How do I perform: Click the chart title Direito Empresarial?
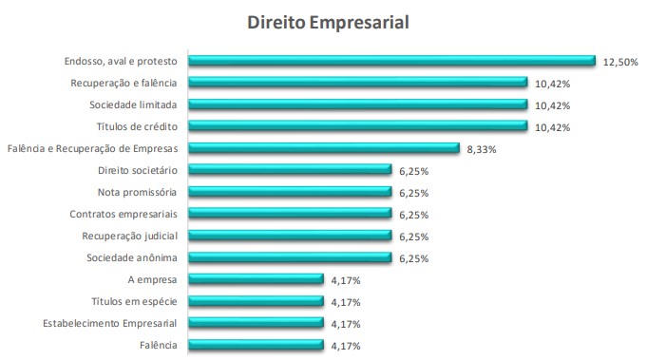(328, 22)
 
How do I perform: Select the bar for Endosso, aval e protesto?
(391, 61)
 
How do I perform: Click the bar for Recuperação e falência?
(358, 83)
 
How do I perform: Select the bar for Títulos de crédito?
(358, 126)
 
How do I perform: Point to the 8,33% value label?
(482, 148)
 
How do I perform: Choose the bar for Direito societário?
(290, 170)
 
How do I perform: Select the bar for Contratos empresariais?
(290, 214)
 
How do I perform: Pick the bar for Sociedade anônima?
(290, 257)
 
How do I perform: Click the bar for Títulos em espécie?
(257, 301)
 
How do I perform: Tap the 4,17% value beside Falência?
(346, 345)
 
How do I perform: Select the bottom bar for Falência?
(257, 345)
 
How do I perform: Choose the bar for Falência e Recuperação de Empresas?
(324, 148)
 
